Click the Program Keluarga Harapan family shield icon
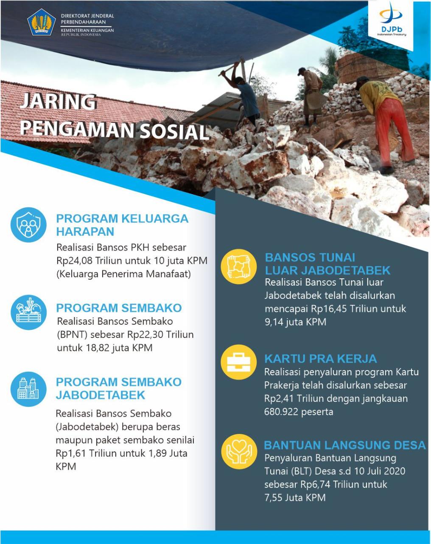click(29, 225)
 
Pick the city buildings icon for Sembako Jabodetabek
click(29, 387)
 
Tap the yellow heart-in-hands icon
click(239, 451)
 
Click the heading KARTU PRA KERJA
click(320, 359)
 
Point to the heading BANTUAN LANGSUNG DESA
click(344, 445)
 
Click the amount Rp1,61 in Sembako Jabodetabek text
click(71, 453)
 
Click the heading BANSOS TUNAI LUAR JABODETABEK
click(327, 264)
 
